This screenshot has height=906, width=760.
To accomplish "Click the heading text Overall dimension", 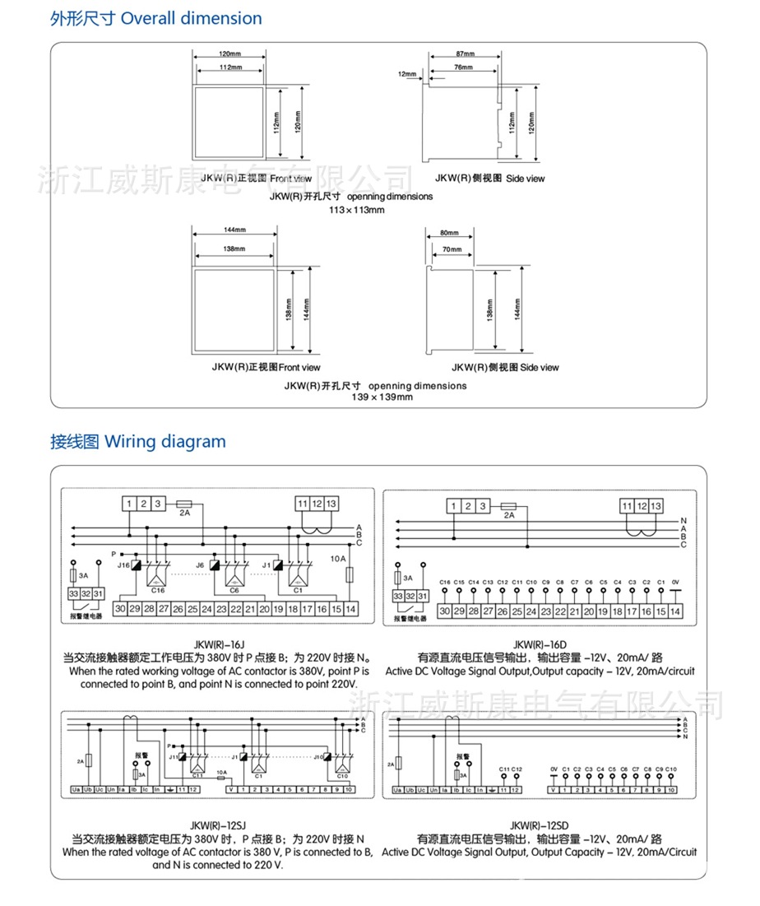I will click(192, 18).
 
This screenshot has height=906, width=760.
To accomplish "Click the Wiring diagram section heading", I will click(165, 441).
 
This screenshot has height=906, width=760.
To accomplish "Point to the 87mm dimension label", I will click(463, 53).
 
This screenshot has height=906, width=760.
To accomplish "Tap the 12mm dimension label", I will click(407, 74).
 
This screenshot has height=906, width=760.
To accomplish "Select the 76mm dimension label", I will click(463, 67).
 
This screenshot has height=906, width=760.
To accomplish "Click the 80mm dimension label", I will click(450, 234).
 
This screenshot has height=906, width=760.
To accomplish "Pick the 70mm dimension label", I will click(452, 249).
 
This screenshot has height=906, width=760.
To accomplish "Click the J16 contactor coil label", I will click(123, 565).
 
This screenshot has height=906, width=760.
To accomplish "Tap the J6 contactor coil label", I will click(200, 565).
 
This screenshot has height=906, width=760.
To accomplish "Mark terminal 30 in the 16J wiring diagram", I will click(120, 609).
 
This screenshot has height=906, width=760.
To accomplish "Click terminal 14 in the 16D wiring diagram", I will click(675, 611).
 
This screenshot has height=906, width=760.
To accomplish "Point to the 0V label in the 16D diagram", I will click(675, 582).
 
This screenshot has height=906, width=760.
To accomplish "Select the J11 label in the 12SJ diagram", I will click(174, 756).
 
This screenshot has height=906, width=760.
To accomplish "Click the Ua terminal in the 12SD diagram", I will click(397, 790).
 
